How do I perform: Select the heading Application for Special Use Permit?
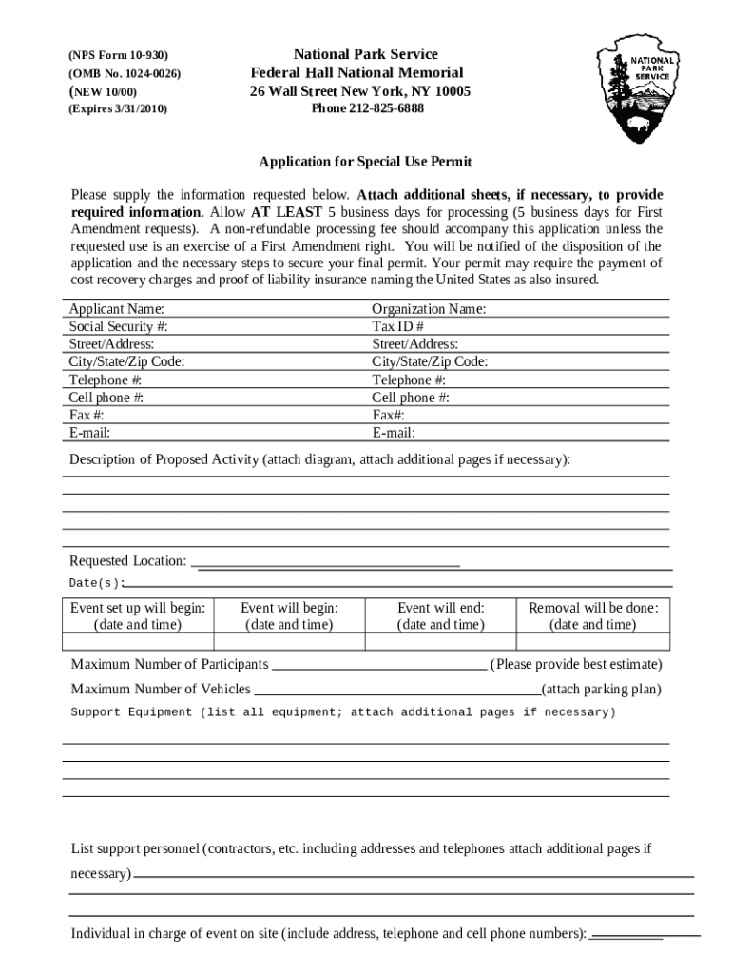366,162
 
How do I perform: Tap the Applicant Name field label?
116,309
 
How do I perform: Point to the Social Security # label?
119,327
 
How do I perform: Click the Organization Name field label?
429,309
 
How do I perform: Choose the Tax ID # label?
397,327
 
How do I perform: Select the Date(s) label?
96,583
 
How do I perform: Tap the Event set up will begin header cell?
139,616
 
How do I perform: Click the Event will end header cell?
440,616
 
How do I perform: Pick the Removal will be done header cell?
593,616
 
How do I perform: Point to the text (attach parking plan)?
601,690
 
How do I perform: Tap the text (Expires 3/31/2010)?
118,109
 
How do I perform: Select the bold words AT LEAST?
286,212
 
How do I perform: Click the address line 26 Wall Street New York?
360,91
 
